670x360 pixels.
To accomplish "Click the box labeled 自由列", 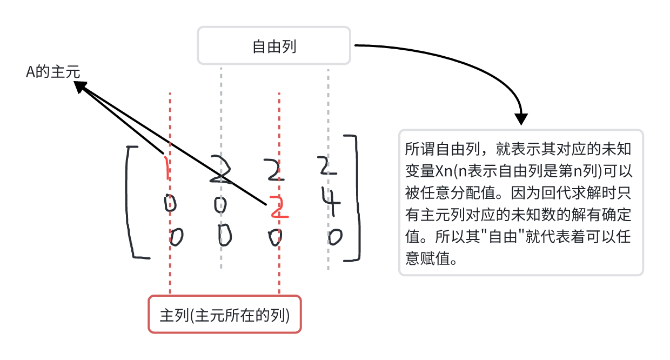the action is coord(274,46).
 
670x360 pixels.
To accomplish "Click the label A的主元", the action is coord(53,73).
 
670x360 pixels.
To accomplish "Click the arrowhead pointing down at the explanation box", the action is coord(521,119).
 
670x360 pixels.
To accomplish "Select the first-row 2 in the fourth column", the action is coord(327,166).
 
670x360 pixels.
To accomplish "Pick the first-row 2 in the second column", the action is coord(222,170).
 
